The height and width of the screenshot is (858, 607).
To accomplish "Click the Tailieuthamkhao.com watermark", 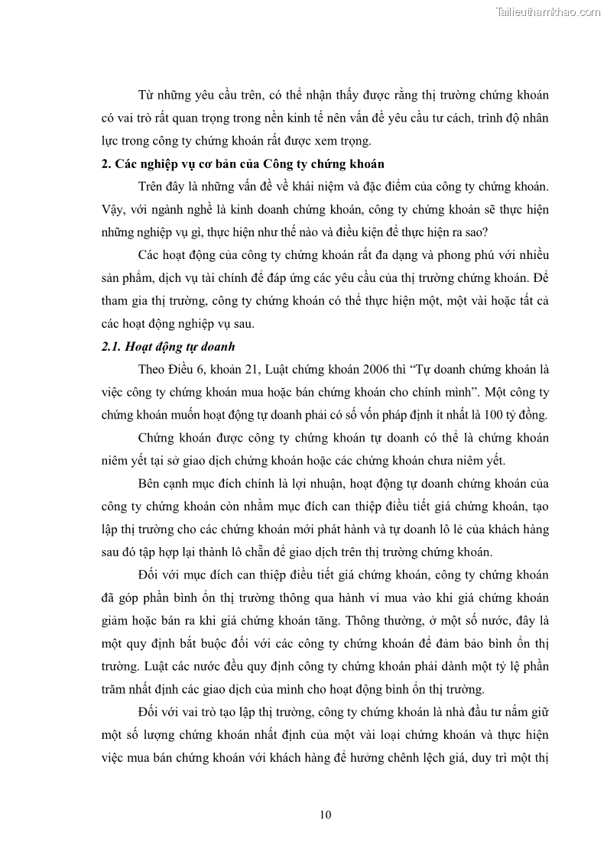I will (x=548, y=11).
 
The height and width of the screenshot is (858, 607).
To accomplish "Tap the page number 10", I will (x=326, y=814).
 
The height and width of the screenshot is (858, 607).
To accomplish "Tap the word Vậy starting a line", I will (x=113, y=209).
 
